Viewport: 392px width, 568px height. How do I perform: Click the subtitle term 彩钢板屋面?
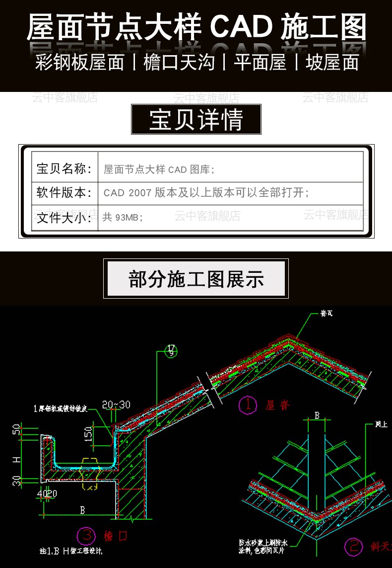[x=79, y=63]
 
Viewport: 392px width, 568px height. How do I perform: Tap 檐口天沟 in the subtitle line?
[x=179, y=63]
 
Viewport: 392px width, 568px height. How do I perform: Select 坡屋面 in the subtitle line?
[x=332, y=63]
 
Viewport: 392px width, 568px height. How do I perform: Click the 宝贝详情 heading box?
[x=196, y=120]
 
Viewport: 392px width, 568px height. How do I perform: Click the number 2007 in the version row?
[x=139, y=193]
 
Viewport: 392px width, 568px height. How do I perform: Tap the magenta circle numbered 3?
[x=87, y=536]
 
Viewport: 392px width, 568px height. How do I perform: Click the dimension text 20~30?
[x=117, y=405]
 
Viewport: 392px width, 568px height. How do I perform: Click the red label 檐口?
[x=116, y=536]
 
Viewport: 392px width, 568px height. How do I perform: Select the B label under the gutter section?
[x=82, y=510]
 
